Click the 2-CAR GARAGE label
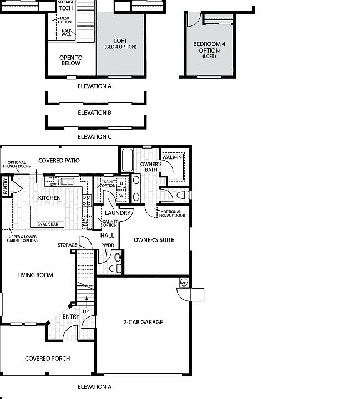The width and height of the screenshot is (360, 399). [x=143, y=322]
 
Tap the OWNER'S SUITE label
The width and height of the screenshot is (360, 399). [x=154, y=240]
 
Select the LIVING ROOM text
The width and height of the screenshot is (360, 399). [x=35, y=275]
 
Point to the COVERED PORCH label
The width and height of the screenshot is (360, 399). [x=48, y=359]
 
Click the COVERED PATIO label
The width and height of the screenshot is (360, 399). [x=59, y=161]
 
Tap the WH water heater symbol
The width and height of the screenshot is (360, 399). [x=183, y=283]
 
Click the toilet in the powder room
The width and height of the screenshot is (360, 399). [x=115, y=268]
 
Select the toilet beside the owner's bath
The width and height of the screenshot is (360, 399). [x=184, y=195]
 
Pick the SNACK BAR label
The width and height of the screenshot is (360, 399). [x=48, y=224]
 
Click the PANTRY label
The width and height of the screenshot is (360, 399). [x=5, y=187]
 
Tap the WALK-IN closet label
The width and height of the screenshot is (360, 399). [x=173, y=157]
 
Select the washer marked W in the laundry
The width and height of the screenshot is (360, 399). [x=121, y=195]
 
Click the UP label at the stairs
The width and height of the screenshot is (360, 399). [x=85, y=311]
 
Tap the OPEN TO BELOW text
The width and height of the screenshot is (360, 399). [x=70, y=60]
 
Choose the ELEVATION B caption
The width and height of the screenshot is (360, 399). [x=94, y=112]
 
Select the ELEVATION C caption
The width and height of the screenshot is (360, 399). [x=94, y=136]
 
